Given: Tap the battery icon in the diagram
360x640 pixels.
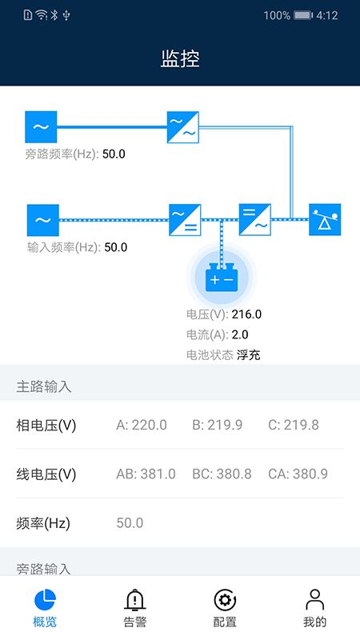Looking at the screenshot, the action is pyautogui.click(x=222, y=277).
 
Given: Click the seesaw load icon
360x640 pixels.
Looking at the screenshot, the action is pyautogui.click(x=325, y=219).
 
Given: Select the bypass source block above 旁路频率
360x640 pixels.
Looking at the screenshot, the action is pyautogui.click(x=41, y=127).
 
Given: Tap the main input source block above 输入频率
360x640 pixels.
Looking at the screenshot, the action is pyautogui.click(x=43, y=220).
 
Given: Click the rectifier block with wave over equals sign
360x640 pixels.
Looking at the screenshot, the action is pyautogui.click(x=185, y=220).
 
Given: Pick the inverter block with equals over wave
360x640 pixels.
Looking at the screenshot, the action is pyautogui.click(x=255, y=219).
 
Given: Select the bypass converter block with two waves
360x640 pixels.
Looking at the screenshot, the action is pyautogui.click(x=183, y=127).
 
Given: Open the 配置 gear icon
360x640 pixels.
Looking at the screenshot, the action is pyautogui.click(x=225, y=600).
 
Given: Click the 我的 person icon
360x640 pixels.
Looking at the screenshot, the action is pyautogui.click(x=314, y=599).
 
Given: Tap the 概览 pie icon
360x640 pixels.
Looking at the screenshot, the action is pyautogui.click(x=45, y=599).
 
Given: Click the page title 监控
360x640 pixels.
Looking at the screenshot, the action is pyautogui.click(x=180, y=58).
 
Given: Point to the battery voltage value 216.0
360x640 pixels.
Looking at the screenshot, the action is pyautogui.click(x=246, y=314).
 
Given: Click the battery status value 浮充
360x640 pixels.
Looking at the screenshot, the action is pyautogui.click(x=249, y=354).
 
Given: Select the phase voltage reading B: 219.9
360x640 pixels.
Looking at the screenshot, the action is pyautogui.click(x=217, y=425).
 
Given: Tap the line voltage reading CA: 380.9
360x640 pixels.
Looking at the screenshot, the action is pyautogui.click(x=298, y=474).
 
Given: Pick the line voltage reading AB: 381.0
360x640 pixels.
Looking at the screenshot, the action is pyautogui.click(x=146, y=474).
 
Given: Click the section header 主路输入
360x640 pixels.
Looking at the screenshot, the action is pyautogui.click(x=44, y=386).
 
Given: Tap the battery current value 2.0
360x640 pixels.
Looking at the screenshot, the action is pyautogui.click(x=240, y=334).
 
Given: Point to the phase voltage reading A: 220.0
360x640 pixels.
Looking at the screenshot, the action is pyautogui.click(x=142, y=425).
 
